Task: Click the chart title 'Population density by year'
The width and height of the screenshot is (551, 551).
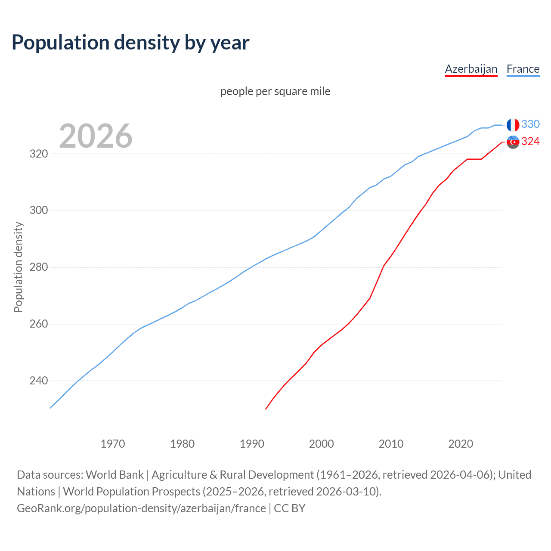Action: tap(130, 43)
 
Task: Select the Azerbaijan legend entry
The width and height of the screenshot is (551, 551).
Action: tap(471, 69)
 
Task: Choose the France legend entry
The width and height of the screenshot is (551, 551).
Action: tap(523, 69)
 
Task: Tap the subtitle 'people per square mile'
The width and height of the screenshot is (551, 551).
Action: tap(275, 91)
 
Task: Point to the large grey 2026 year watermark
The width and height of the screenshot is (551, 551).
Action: tap(96, 136)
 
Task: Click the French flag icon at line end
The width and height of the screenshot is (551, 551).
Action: tap(513, 125)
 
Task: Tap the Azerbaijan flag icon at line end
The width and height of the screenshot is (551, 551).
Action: tap(513, 142)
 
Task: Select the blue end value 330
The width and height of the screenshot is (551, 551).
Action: tap(530, 124)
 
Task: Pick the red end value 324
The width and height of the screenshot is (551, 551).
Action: tap(530, 142)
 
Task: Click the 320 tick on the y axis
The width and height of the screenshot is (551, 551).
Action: tap(38, 154)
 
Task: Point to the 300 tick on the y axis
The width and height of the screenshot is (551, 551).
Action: tap(38, 210)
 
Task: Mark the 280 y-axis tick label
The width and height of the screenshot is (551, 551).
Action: tap(38, 267)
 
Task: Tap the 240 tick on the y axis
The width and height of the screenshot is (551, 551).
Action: tap(38, 381)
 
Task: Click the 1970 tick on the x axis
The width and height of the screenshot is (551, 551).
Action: tap(113, 444)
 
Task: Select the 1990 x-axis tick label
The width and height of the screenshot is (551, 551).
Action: tap(252, 444)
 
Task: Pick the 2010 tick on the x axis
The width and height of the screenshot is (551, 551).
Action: tap(391, 444)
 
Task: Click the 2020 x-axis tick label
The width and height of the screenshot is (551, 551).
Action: tap(461, 444)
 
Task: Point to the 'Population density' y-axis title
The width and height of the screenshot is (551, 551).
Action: tap(18, 267)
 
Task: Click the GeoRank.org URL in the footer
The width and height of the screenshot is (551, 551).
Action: tap(141, 508)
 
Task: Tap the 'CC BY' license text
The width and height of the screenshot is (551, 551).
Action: tap(290, 508)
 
